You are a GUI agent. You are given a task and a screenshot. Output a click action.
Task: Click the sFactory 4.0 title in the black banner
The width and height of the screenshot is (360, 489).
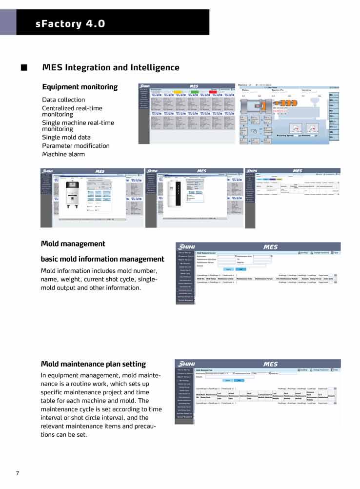[70, 23]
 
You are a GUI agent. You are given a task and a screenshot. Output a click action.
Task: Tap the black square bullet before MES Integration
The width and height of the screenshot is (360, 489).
[23, 67]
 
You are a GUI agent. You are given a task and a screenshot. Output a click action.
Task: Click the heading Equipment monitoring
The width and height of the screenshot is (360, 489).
[80, 87]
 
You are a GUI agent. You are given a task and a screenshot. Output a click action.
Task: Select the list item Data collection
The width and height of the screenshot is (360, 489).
[63, 100]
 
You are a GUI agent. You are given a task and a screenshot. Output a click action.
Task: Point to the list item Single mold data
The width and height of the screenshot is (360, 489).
[66, 137]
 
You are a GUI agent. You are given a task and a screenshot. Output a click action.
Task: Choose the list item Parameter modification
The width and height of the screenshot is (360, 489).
[76, 146]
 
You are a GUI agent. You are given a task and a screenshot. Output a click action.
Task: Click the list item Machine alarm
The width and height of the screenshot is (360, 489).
[63, 154]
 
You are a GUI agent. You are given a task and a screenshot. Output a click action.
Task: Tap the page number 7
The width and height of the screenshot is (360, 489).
[18, 473]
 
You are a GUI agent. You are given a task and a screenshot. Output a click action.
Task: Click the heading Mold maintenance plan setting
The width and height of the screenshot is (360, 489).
[93, 364]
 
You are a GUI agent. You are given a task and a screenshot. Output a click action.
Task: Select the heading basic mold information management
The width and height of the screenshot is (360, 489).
[102, 259]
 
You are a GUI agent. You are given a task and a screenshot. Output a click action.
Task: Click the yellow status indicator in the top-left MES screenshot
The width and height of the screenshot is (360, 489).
[178, 91]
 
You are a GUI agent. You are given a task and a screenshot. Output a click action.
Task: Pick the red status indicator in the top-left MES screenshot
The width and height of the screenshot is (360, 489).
[213, 91]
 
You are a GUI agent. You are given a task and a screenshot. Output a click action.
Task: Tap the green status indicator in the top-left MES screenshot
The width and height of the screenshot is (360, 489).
[195, 91]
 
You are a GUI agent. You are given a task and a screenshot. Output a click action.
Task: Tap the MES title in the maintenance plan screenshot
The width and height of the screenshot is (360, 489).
[270, 364]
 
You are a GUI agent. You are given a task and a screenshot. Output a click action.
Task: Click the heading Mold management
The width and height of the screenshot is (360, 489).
[73, 244]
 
